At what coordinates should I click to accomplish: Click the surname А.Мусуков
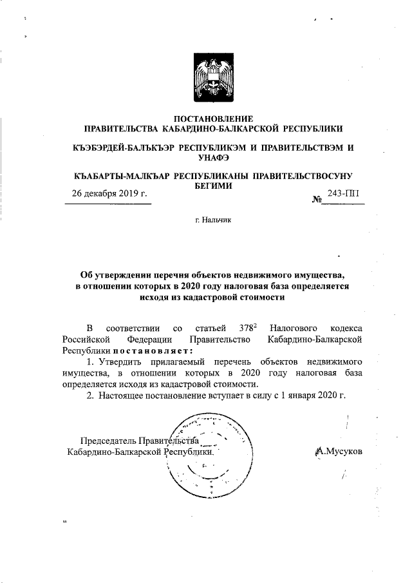340,452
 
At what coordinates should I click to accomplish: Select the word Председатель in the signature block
108,441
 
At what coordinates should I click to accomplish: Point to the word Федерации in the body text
149,339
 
